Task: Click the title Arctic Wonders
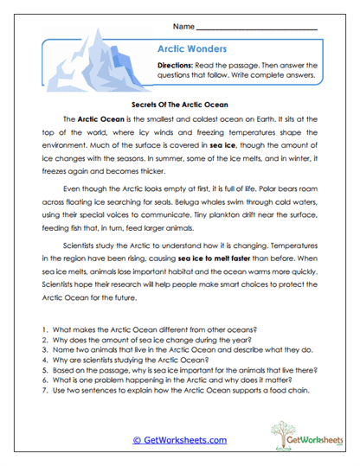193,49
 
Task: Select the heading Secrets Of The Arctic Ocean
179,101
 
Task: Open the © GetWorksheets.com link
179,439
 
